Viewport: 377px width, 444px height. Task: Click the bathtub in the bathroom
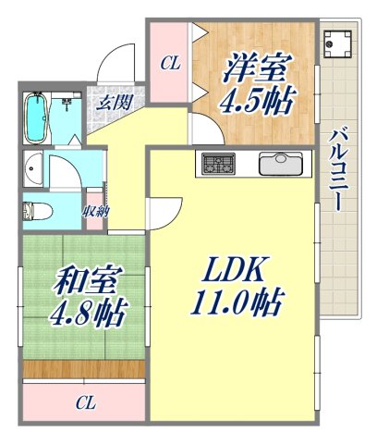tap(37, 118)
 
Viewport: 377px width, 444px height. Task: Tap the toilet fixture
tap(38, 212)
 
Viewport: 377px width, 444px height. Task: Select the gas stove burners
tap(218, 164)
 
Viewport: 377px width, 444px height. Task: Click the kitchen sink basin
tap(281, 165)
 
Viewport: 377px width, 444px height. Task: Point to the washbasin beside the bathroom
tap(33, 168)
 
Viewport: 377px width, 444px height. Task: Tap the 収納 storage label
tap(95, 211)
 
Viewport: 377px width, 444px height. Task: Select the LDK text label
tap(232, 268)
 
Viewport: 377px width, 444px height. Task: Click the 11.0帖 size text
tap(236, 302)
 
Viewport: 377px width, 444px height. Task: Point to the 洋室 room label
tap(254, 68)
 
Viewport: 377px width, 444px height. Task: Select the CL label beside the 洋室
tap(170, 64)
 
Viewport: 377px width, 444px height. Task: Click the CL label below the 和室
tap(86, 402)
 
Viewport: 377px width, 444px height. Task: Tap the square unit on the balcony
tap(337, 43)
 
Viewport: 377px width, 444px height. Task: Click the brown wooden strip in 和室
tap(84, 369)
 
